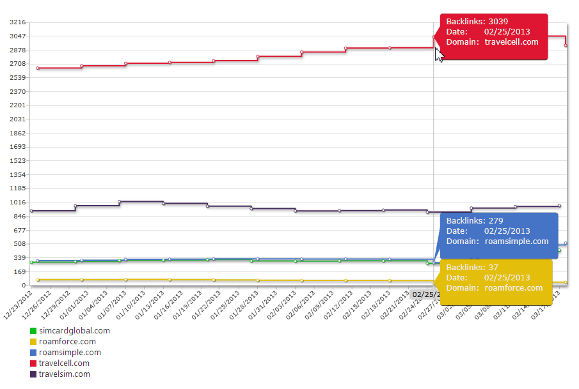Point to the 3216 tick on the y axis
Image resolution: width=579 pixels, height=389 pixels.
[17, 22]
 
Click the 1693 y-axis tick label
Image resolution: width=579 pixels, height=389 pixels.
[17, 147]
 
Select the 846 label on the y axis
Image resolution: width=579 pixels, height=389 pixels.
[19, 217]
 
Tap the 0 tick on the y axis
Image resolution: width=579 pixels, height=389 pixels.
[22, 286]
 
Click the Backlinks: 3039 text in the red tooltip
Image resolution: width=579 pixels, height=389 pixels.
[477, 22]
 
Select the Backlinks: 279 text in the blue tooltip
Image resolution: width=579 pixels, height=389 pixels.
[474, 221]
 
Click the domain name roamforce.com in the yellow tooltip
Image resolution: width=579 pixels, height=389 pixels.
[514, 287]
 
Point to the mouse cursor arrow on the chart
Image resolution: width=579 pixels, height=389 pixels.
[438, 54]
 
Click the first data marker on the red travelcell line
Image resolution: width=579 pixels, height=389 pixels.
[38, 68]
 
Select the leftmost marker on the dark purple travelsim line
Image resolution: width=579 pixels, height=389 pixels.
[31, 211]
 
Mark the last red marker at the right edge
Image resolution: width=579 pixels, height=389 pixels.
[566, 45]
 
